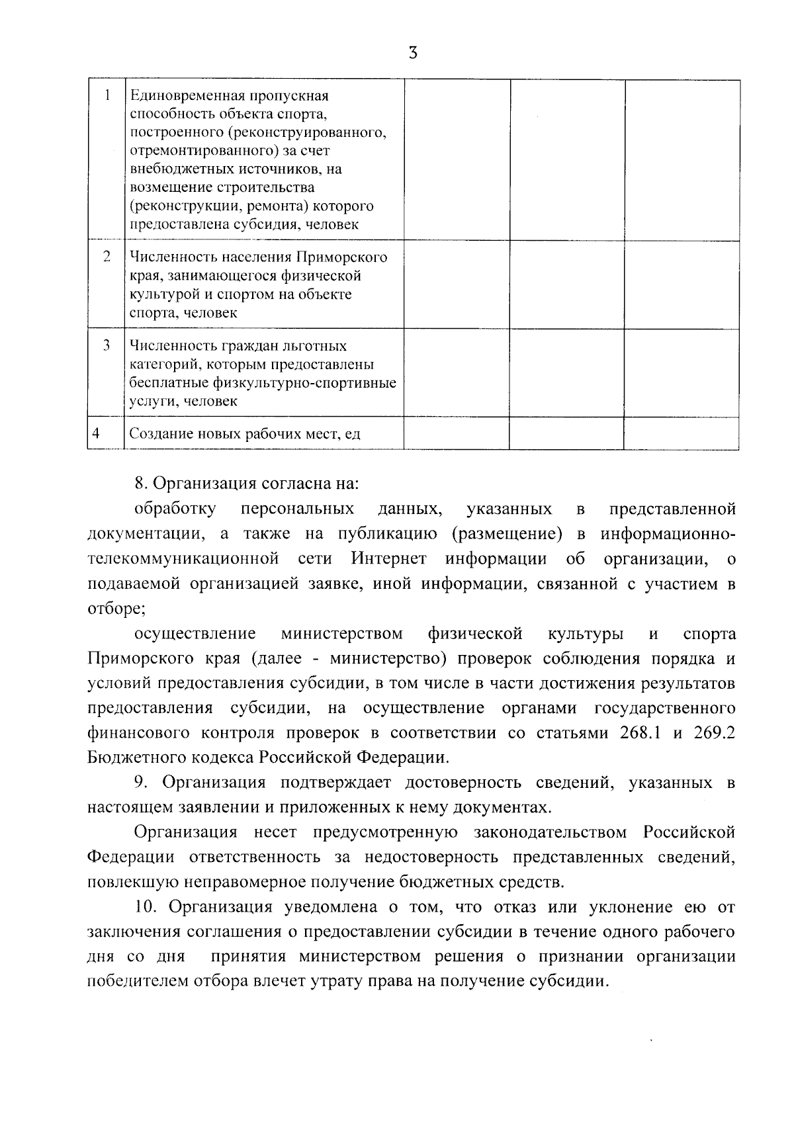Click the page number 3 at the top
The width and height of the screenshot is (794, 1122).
pyautogui.click(x=413, y=53)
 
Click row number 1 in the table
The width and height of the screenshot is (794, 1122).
pyautogui.click(x=107, y=95)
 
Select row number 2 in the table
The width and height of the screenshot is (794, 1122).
pyautogui.click(x=107, y=257)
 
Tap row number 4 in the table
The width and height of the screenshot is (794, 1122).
pyautogui.click(x=97, y=433)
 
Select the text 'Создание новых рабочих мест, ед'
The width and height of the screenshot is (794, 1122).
pyautogui.click(x=245, y=434)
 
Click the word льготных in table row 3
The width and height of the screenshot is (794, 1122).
pyautogui.click(x=318, y=345)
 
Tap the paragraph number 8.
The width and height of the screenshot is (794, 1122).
pyautogui.click(x=140, y=483)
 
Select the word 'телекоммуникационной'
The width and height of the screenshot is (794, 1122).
pyautogui.click(x=183, y=559)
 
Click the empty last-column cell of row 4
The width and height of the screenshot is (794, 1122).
pyautogui.click(x=682, y=433)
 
